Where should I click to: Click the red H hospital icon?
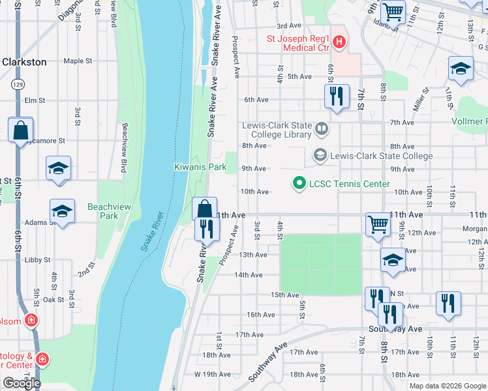pos(339,43)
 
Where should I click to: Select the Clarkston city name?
pos(24,62)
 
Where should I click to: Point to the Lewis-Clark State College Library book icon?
pos(321,129)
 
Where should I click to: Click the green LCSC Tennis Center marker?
pos(299,184)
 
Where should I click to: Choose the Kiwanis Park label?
pos(200,167)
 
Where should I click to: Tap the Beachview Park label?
pos(103,211)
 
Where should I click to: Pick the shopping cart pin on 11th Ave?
pos(378,224)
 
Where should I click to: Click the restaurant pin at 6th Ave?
pos(337,96)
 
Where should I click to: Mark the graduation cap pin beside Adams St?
pos(62,211)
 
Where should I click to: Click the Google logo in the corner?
pos(22,383)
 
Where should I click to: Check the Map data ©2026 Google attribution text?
pos(447,385)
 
